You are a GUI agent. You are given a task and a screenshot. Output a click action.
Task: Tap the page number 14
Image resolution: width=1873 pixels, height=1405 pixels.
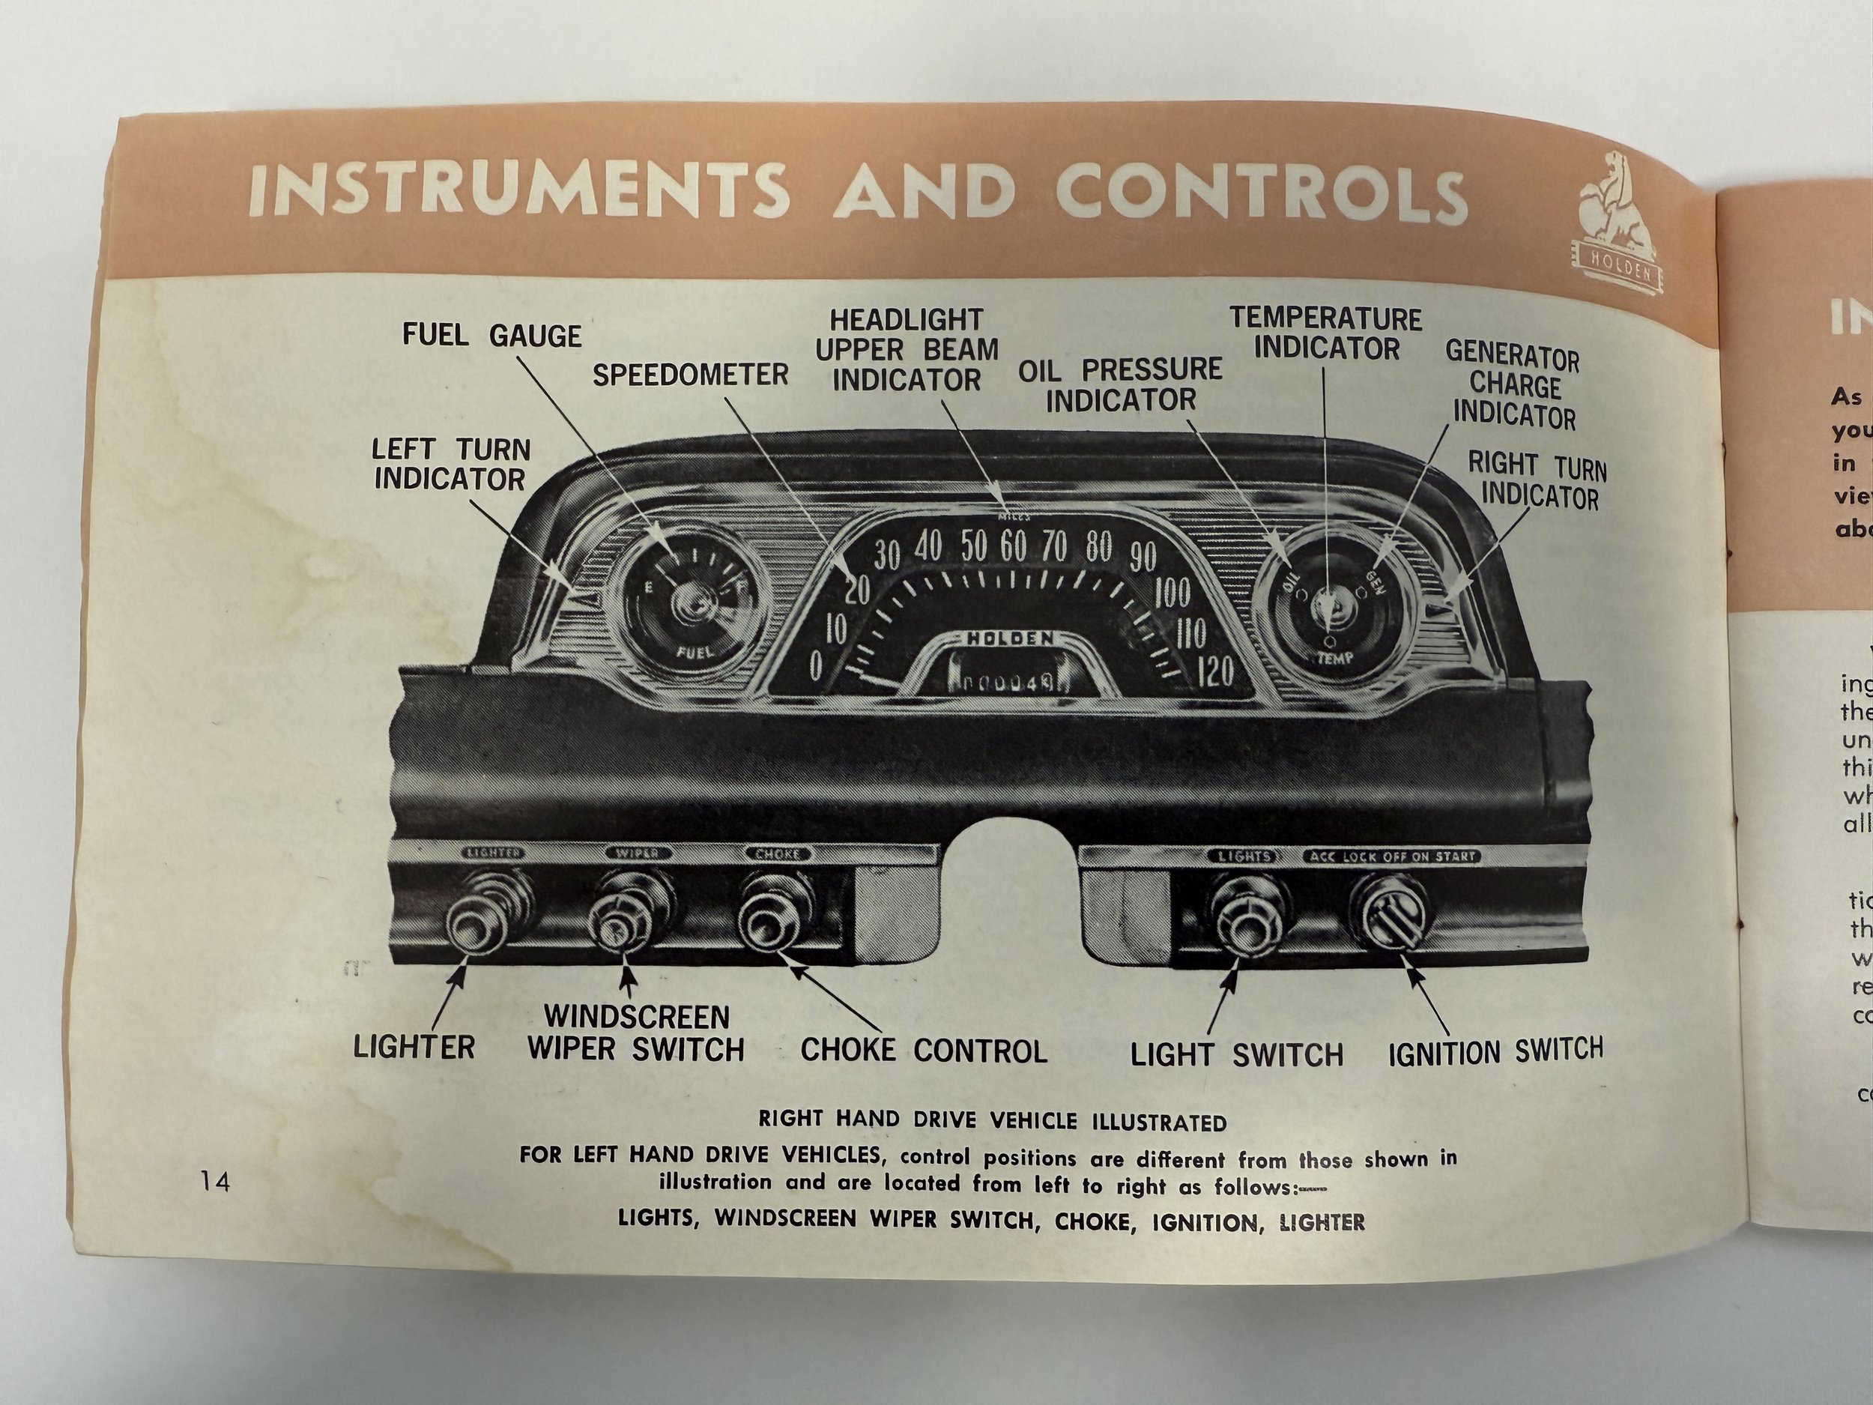(215, 1179)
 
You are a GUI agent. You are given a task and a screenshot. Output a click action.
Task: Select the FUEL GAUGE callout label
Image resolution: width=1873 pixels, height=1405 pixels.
(491, 336)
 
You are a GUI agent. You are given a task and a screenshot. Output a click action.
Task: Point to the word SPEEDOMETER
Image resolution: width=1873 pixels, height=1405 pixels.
(690, 375)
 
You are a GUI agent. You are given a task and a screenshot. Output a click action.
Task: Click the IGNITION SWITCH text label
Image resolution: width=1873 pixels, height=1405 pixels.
(1495, 1052)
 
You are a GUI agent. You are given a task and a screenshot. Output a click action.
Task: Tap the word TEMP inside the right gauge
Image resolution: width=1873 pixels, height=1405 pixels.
(1334, 658)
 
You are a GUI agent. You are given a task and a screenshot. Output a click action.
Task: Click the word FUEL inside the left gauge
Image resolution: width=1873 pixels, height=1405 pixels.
(696, 651)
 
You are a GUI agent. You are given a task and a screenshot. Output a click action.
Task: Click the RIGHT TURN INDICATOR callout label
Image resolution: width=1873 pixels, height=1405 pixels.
(1536, 480)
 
